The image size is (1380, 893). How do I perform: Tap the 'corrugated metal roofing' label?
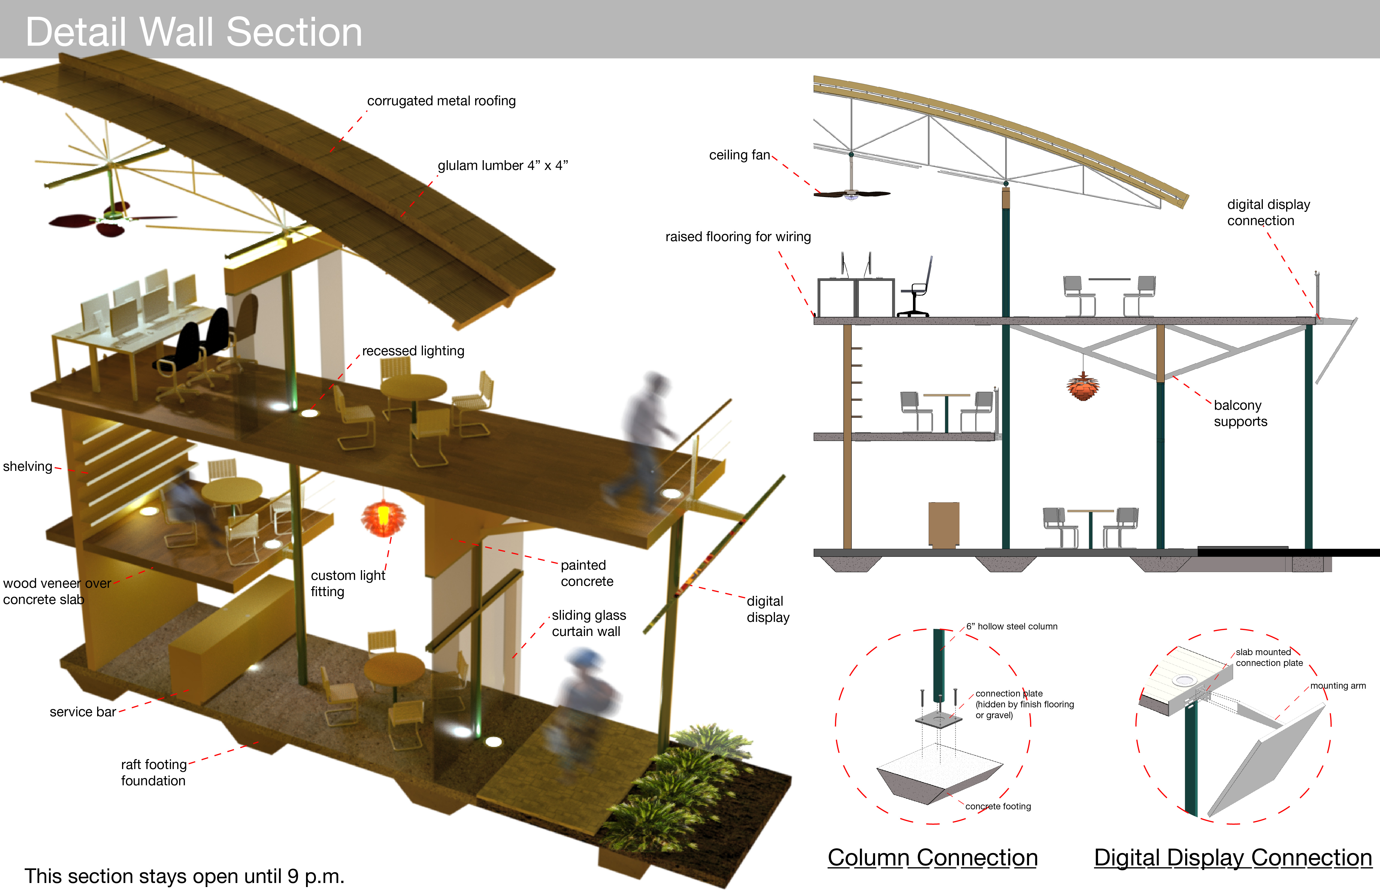(441, 101)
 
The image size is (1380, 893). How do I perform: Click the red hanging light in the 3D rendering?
(383, 516)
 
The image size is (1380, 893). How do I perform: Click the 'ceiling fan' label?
(739, 155)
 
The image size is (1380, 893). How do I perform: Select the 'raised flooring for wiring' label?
(738, 237)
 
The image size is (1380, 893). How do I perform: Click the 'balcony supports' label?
(1240, 413)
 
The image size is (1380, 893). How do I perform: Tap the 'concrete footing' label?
(998, 806)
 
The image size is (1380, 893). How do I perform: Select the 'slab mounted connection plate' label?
(1269, 658)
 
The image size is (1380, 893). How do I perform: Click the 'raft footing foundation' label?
(154, 772)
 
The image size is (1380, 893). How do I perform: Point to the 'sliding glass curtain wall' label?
(589, 623)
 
